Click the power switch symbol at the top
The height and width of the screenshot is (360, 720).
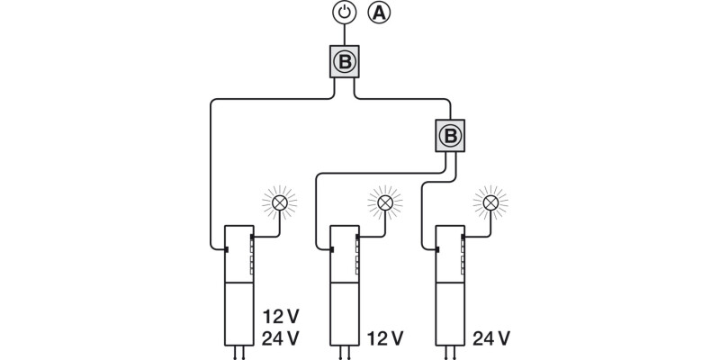[x=346, y=13]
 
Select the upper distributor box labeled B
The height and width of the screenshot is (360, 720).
[x=346, y=62]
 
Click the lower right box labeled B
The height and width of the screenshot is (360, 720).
[x=450, y=136]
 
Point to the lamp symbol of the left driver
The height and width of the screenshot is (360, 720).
[x=280, y=203]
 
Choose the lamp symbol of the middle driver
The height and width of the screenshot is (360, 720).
[x=385, y=203]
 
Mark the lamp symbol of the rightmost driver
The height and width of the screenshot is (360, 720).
[x=490, y=203]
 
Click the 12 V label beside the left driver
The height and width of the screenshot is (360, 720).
[x=280, y=317]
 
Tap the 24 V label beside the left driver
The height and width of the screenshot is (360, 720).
[x=280, y=338]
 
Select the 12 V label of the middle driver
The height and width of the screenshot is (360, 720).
[x=385, y=338]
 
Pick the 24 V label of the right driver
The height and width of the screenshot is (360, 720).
[x=491, y=338]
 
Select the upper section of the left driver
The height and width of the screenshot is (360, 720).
[x=239, y=253]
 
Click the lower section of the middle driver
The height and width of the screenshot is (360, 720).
[x=345, y=313]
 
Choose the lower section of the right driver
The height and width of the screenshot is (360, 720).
[x=449, y=313]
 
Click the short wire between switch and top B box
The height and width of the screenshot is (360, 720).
[x=346, y=35]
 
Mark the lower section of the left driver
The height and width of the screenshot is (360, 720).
[x=239, y=313]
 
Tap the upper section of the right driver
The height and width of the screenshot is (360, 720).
[x=449, y=253]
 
